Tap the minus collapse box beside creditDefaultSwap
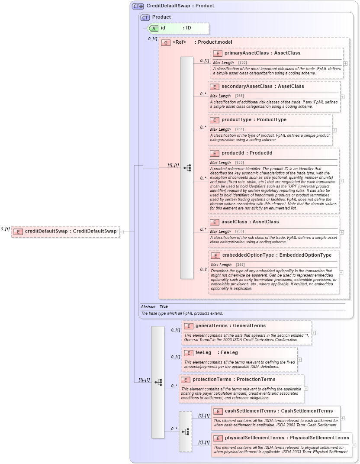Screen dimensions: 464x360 pos(122,232)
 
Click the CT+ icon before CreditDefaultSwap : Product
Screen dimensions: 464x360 pos(138,6)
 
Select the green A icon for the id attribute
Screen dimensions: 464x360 pos(154,28)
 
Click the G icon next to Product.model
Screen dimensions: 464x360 pos(165,42)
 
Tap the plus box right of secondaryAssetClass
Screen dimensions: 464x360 pos(342,97)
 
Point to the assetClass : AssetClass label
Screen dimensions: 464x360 pos(250,222)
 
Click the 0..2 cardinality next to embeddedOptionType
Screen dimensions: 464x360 pos(203,270)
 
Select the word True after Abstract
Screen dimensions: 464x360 pos(164,306)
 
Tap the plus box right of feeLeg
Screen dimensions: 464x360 pos(299,359)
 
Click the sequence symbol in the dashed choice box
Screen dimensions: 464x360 pos(186,432)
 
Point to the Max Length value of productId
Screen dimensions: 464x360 pos(239,163)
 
